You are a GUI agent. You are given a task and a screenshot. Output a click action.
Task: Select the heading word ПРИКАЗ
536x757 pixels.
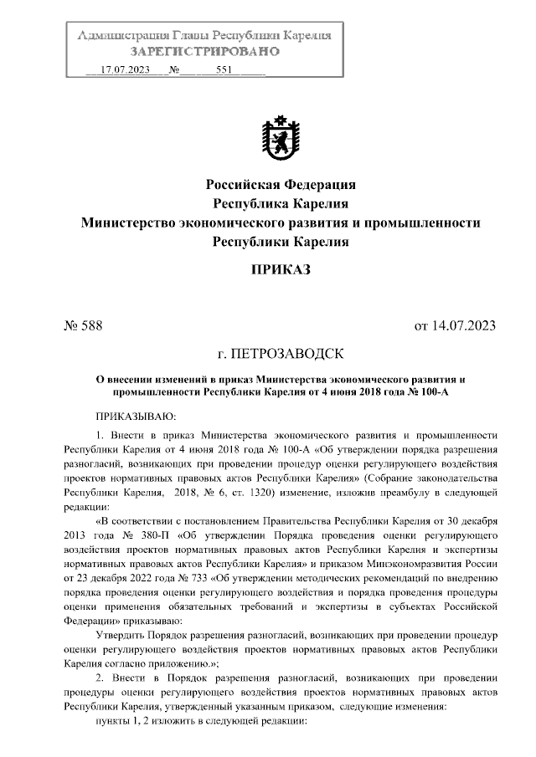pyautogui.click(x=281, y=269)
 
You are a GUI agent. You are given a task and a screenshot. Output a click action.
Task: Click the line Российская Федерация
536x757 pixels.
pyautogui.click(x=281, y=184)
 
